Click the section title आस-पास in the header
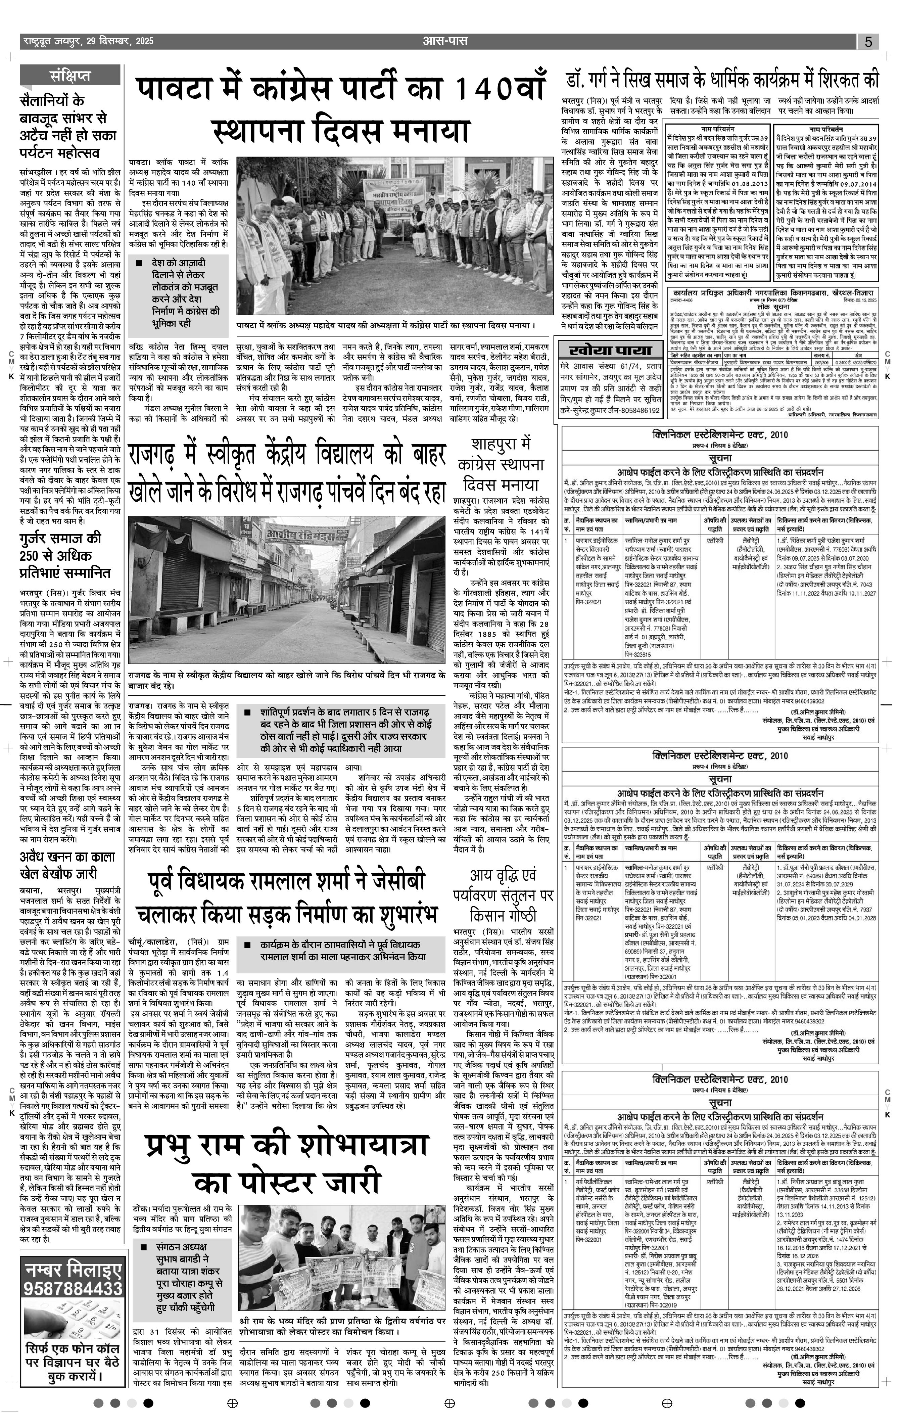445,41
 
